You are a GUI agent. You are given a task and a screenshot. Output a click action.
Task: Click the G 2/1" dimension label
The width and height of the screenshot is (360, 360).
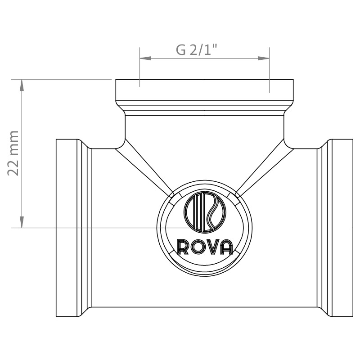point(196,49)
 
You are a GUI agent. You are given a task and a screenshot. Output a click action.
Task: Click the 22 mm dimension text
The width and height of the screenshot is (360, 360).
point(13,153)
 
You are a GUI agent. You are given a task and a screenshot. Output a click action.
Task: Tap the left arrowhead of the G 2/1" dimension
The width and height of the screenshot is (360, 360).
point(145,58)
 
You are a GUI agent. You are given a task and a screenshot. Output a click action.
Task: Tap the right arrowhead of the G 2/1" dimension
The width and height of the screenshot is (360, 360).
point(264,58)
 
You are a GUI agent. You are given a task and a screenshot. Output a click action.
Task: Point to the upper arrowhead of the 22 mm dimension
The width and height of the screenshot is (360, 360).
point(22,85)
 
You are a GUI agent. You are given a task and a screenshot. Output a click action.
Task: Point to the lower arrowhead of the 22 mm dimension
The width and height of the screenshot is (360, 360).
point(22,222)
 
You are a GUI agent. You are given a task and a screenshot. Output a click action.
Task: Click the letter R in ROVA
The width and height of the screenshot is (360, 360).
point(183,247)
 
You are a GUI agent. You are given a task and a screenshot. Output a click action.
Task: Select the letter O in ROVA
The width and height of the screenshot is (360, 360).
point(197,247)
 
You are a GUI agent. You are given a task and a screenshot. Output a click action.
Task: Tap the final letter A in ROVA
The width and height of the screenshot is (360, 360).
point(226,247)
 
